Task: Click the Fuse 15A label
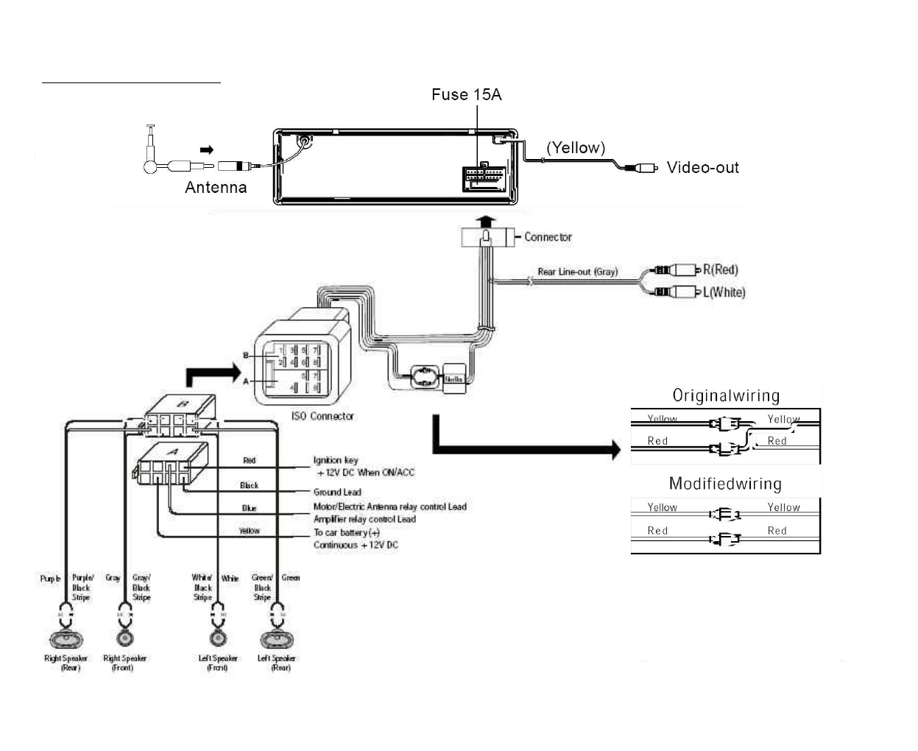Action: pos(466,94)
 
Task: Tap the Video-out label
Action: pos(702,167)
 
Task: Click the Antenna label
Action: pos(216,187)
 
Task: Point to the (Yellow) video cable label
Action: pos(576,147)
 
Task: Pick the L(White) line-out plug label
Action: pos(724,292)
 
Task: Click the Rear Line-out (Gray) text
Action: pos(577,272)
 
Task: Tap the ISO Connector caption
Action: pos(322,416)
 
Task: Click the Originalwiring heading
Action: pos(726,396)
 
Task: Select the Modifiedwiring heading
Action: pos(725,484)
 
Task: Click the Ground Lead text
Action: pos(337,492)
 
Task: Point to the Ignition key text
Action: pos(336,460)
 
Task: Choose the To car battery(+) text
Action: pos(347,532)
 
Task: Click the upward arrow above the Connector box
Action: pos(485,220)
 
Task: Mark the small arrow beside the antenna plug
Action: pos(207,150)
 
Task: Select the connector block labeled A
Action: pos(172,462)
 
